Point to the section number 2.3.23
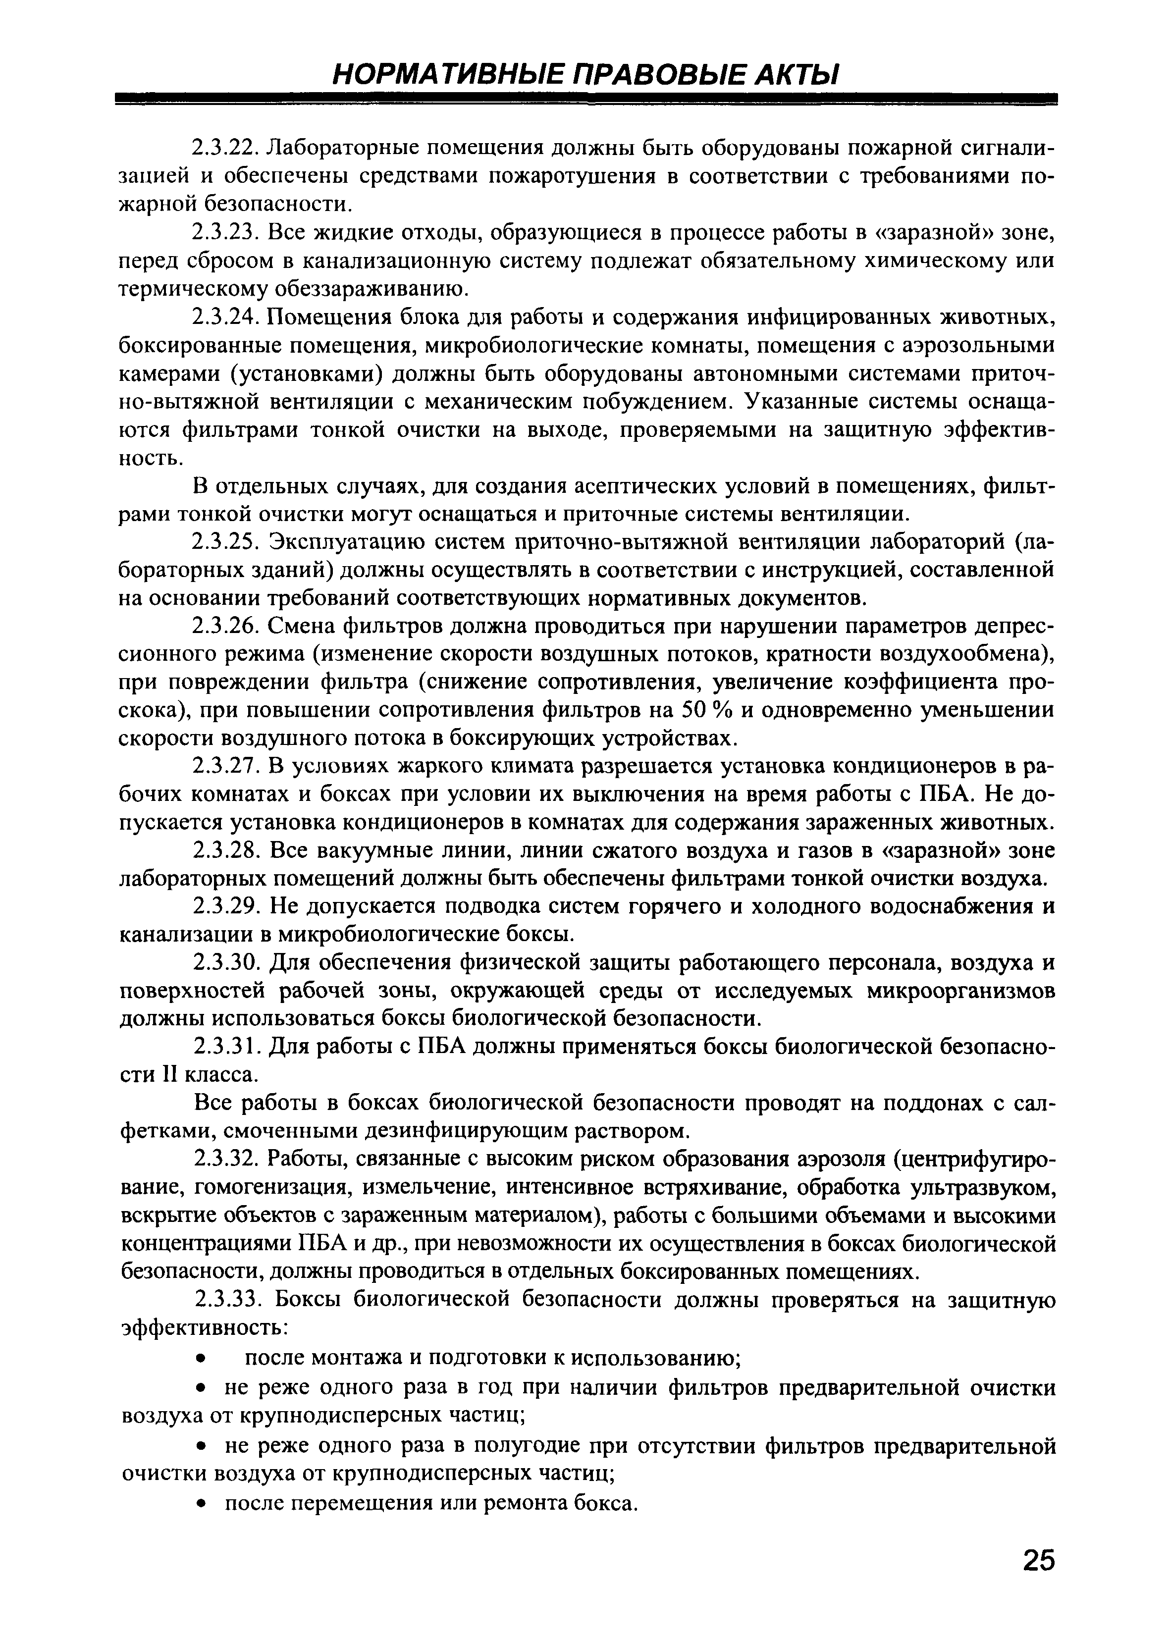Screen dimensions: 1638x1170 tap(226, 233)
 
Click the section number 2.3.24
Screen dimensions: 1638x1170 tap(226, 317)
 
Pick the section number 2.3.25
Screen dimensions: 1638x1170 tap(226, 542)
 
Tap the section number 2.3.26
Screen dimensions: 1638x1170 tap(226, 626)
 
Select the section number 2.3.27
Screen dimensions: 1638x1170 tap(226, 766)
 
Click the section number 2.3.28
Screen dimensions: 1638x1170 tap(226, 850)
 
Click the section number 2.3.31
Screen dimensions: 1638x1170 tap(226, 1048)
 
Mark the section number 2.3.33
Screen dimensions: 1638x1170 tap(226, 1300)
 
